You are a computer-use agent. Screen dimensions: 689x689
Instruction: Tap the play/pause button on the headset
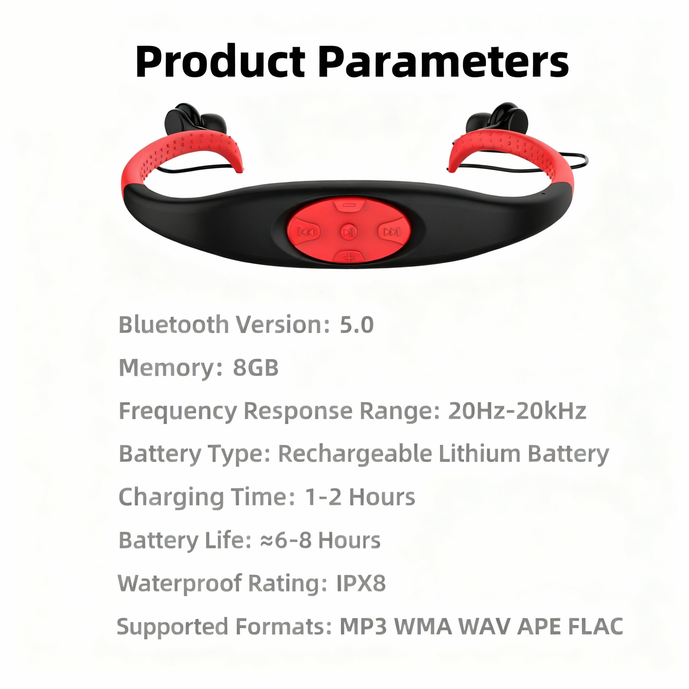pos(349,232)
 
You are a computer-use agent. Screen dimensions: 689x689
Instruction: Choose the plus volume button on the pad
pos(349,256)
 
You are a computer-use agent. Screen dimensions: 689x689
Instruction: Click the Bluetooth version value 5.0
pos(357,325)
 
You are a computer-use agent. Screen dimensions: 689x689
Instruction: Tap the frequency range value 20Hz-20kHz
pos(517,411)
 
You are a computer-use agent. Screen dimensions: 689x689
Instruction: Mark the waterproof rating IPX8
pos(361,583)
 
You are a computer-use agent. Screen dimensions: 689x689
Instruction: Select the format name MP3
pos(363,626)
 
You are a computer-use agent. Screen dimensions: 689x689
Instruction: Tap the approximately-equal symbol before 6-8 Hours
pos(267,541)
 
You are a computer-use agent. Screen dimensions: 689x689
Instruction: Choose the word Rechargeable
pos(355,454)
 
